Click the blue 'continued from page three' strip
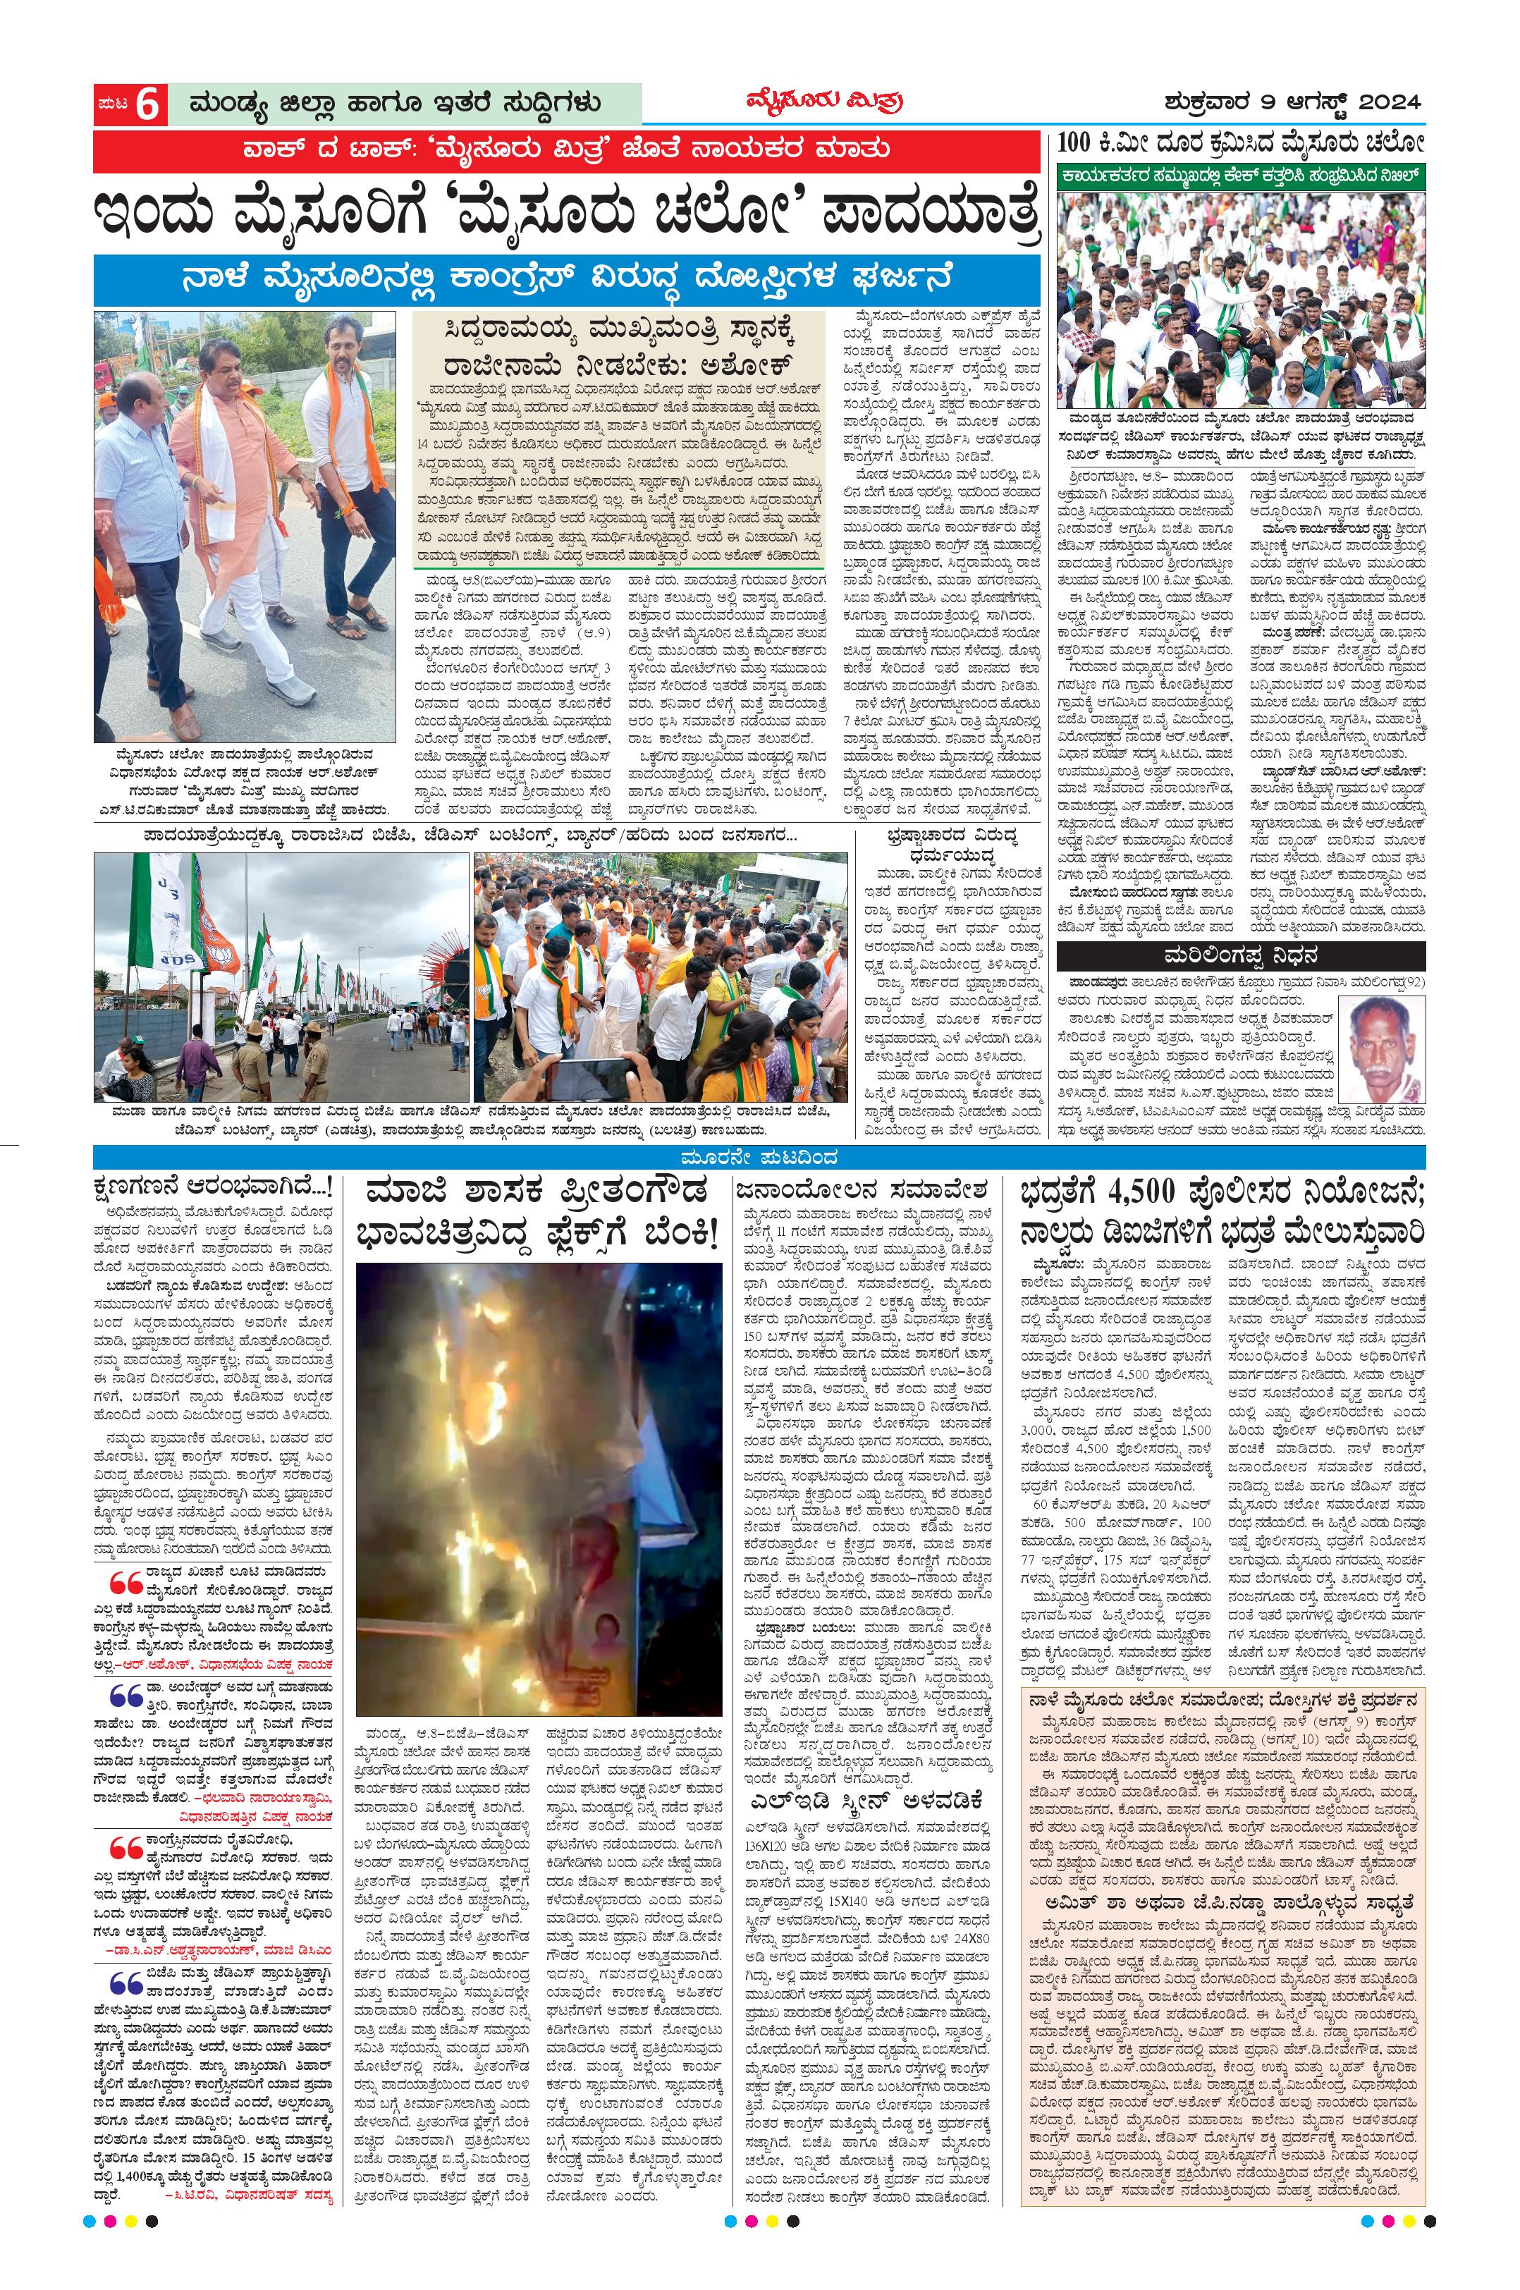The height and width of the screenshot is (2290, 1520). [759, 1158]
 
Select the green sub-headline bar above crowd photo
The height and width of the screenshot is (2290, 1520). [1241, 176]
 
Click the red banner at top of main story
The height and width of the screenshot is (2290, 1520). [565, 149]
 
